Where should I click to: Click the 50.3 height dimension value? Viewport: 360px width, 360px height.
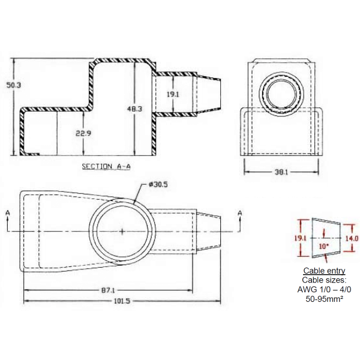pos(13,86)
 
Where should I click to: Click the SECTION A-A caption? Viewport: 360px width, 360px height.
pos(106,166)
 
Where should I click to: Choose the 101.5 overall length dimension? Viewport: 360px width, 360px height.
pos(121,302)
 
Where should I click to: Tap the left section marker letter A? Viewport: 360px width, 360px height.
pos(6,213)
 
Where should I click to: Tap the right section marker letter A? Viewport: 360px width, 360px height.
pos(239,213)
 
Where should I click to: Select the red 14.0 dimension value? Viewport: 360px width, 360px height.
pos(352,238)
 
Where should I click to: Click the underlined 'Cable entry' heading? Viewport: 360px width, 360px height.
pos(324,271)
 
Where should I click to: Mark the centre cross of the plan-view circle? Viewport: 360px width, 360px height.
pos(122,232)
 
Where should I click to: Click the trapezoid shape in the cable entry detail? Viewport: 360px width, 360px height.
pos(326,238)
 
